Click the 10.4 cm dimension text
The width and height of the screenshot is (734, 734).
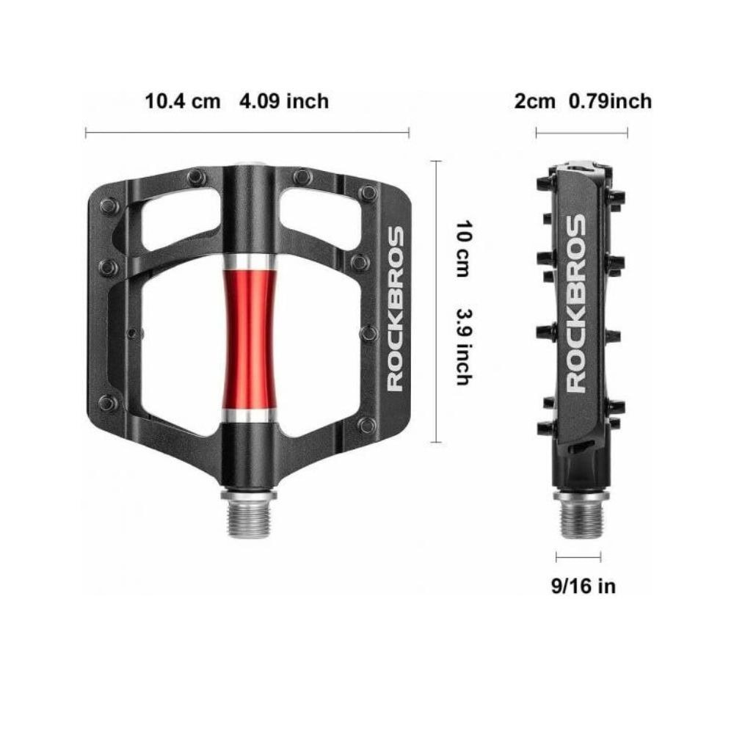pos(183,101)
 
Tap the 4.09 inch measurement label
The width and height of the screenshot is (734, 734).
pos(284,101)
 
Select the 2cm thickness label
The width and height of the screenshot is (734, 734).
pos(534,101)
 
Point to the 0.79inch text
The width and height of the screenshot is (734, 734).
pos(610,101)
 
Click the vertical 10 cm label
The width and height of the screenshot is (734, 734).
pos(464,249)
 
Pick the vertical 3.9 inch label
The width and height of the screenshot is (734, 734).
pos(464,346)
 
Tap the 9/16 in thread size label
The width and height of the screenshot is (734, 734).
pos(584,586)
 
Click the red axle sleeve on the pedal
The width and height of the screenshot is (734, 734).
pos(249,339)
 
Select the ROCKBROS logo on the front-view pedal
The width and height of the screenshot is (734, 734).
pos(396,308)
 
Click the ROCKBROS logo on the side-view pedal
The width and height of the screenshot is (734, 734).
pos(576,303)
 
